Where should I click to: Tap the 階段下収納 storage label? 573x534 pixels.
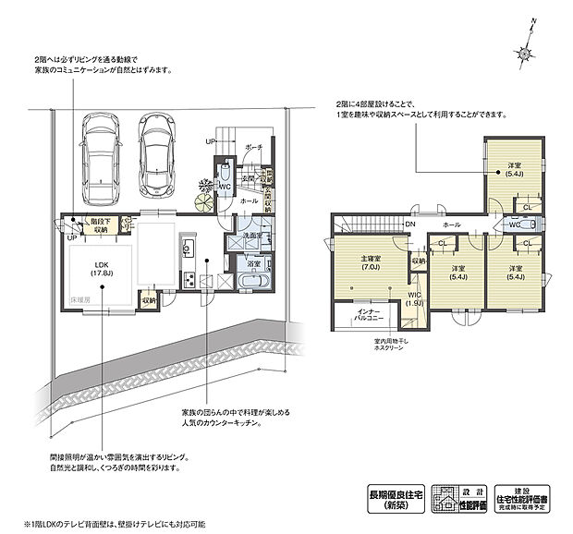(x=101, y=225)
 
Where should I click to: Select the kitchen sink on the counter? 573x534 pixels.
(x=186, y=249)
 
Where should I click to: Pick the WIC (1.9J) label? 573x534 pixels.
(x=416, y=297)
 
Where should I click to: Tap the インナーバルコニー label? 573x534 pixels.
(x=361, y=317)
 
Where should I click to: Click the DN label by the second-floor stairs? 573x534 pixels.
(x=409, y=224)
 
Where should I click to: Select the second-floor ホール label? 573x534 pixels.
(x=452, y=224)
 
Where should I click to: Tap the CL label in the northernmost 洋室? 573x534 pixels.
(x=527, y=206)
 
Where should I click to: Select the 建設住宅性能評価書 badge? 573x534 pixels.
(x=520, y=497)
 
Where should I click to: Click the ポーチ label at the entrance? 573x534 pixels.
(x=254, y=147)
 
